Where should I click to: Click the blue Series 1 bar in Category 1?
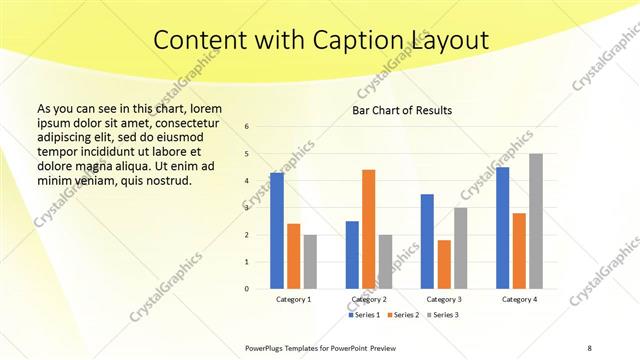(276, 231)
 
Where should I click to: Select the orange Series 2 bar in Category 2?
(368, 229)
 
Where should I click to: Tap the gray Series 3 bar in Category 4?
(536, 221)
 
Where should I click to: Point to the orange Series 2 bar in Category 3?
(444, 264)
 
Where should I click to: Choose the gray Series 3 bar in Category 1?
(310, 261)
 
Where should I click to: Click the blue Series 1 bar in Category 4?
(502, 228)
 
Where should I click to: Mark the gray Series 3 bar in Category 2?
(386, 261)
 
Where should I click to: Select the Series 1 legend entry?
(365, 315)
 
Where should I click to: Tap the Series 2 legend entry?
(404, 315)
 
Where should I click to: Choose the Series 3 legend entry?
(443, 315)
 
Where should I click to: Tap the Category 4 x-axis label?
(519, 299)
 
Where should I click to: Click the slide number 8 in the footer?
(590, 347)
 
